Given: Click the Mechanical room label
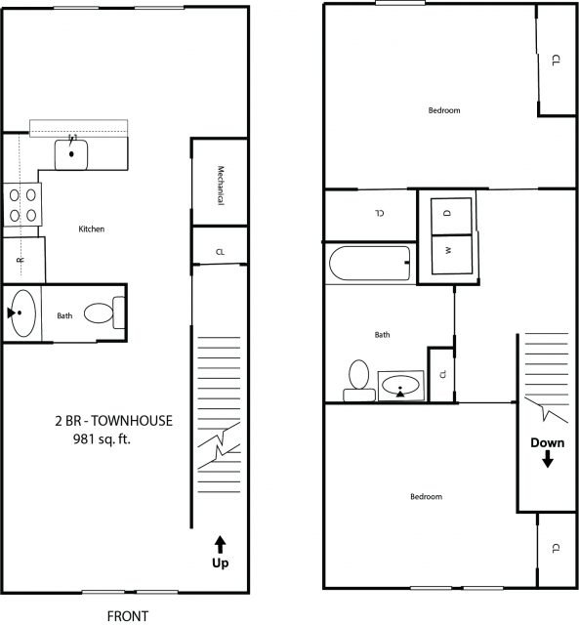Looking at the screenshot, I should [221, 184].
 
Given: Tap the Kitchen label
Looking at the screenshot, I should [91, 229].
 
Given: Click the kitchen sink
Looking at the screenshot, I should [71, 152].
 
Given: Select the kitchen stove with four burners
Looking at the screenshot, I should [21, 205].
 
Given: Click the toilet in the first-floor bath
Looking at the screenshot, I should [104, 313].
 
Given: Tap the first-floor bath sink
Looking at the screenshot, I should [22, 313].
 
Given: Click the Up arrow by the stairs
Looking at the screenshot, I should [220, 551].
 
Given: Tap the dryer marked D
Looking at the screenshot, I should [447, 212].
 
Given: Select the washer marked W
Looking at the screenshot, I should [447, 250].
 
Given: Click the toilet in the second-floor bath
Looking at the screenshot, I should [357, 378].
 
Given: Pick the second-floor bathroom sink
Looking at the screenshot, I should [399, 387].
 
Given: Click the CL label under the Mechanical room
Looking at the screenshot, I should [220, 253].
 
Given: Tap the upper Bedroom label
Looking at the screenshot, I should [444, 110].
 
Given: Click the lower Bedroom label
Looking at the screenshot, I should [426, 497].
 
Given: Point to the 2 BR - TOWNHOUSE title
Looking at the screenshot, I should [113, 421].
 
